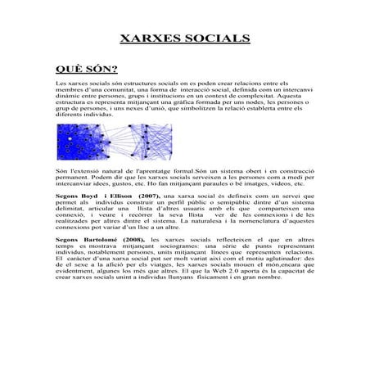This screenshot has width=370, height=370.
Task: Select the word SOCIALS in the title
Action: (x=214, y=38)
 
